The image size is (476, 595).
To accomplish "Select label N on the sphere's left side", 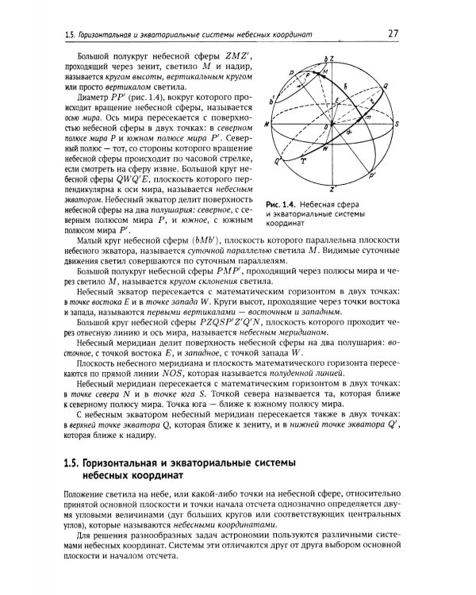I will coord(267,125).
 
